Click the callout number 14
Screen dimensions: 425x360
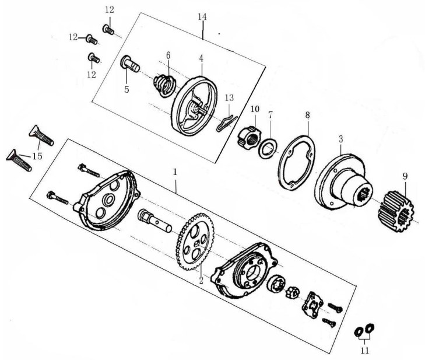[x=202, y=17]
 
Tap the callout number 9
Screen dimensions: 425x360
[x=405, y=177]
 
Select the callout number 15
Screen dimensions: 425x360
[x=37, y=156]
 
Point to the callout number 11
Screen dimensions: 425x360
[x=365, y=351]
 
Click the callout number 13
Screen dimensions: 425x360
[x=229, y=97]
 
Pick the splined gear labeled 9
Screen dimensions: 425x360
[x=395, y=211]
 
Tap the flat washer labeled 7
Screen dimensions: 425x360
[x=267, y=148]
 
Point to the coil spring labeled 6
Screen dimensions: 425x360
[x=164, y=85]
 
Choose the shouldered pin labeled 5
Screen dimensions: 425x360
[x=129, y=64]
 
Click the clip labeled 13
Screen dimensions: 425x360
[x=227, y=124]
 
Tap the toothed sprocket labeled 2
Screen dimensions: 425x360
[x=195, y=242]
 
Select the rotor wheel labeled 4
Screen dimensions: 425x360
[x=195, y=106]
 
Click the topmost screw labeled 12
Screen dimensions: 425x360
[x=108, y=29]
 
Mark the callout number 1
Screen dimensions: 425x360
[x=175, y=172]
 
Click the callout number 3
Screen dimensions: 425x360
[x=340, y=139]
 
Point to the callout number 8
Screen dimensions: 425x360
[x=307, y=115]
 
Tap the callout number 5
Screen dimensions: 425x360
[x=127, y=89]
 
